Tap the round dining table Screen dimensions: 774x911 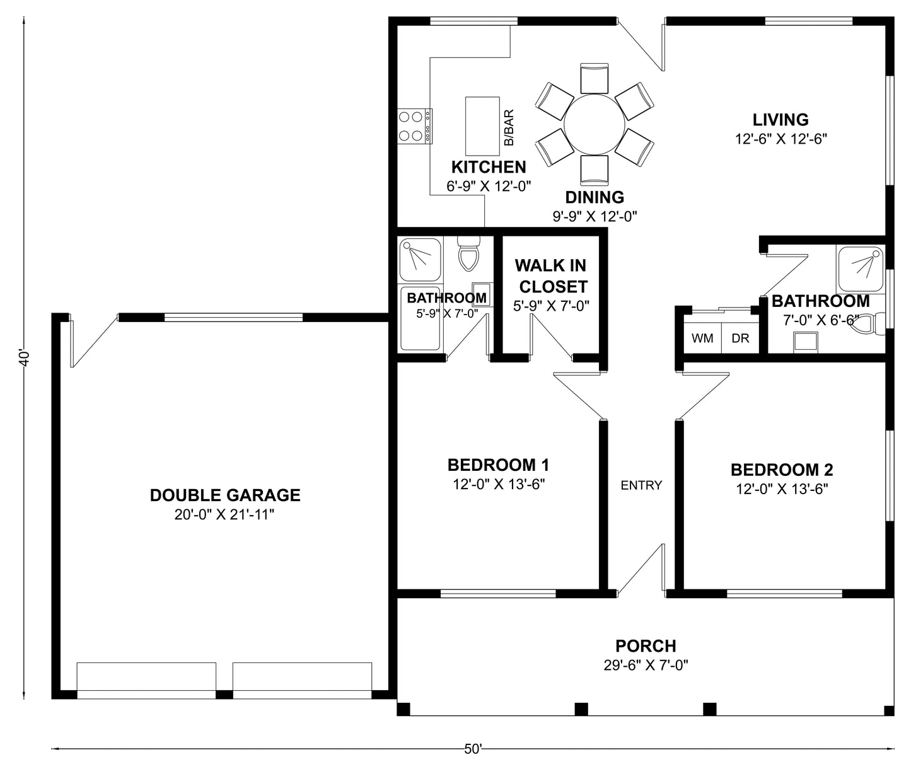(594, 124)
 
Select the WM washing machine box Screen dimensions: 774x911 (702, 338)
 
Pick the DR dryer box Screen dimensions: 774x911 (740, 338)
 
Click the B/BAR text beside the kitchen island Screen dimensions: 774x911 (509, 128)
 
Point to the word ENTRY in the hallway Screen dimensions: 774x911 (641, 485)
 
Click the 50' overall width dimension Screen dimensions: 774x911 (473, 749)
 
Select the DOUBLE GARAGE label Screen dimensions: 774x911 (225, 495)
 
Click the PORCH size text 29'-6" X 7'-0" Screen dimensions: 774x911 (646, 665)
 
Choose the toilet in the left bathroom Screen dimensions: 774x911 (468, 253)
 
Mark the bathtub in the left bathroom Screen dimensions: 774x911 (420, 318)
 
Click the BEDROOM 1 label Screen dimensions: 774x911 (498, 465)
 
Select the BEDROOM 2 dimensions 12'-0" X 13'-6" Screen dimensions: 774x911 (782, 489)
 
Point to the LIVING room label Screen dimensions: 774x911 (780, 119)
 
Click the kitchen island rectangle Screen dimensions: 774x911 (482, 125)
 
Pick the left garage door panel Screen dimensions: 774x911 (146, 678)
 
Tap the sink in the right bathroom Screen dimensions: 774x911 (805, 341)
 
